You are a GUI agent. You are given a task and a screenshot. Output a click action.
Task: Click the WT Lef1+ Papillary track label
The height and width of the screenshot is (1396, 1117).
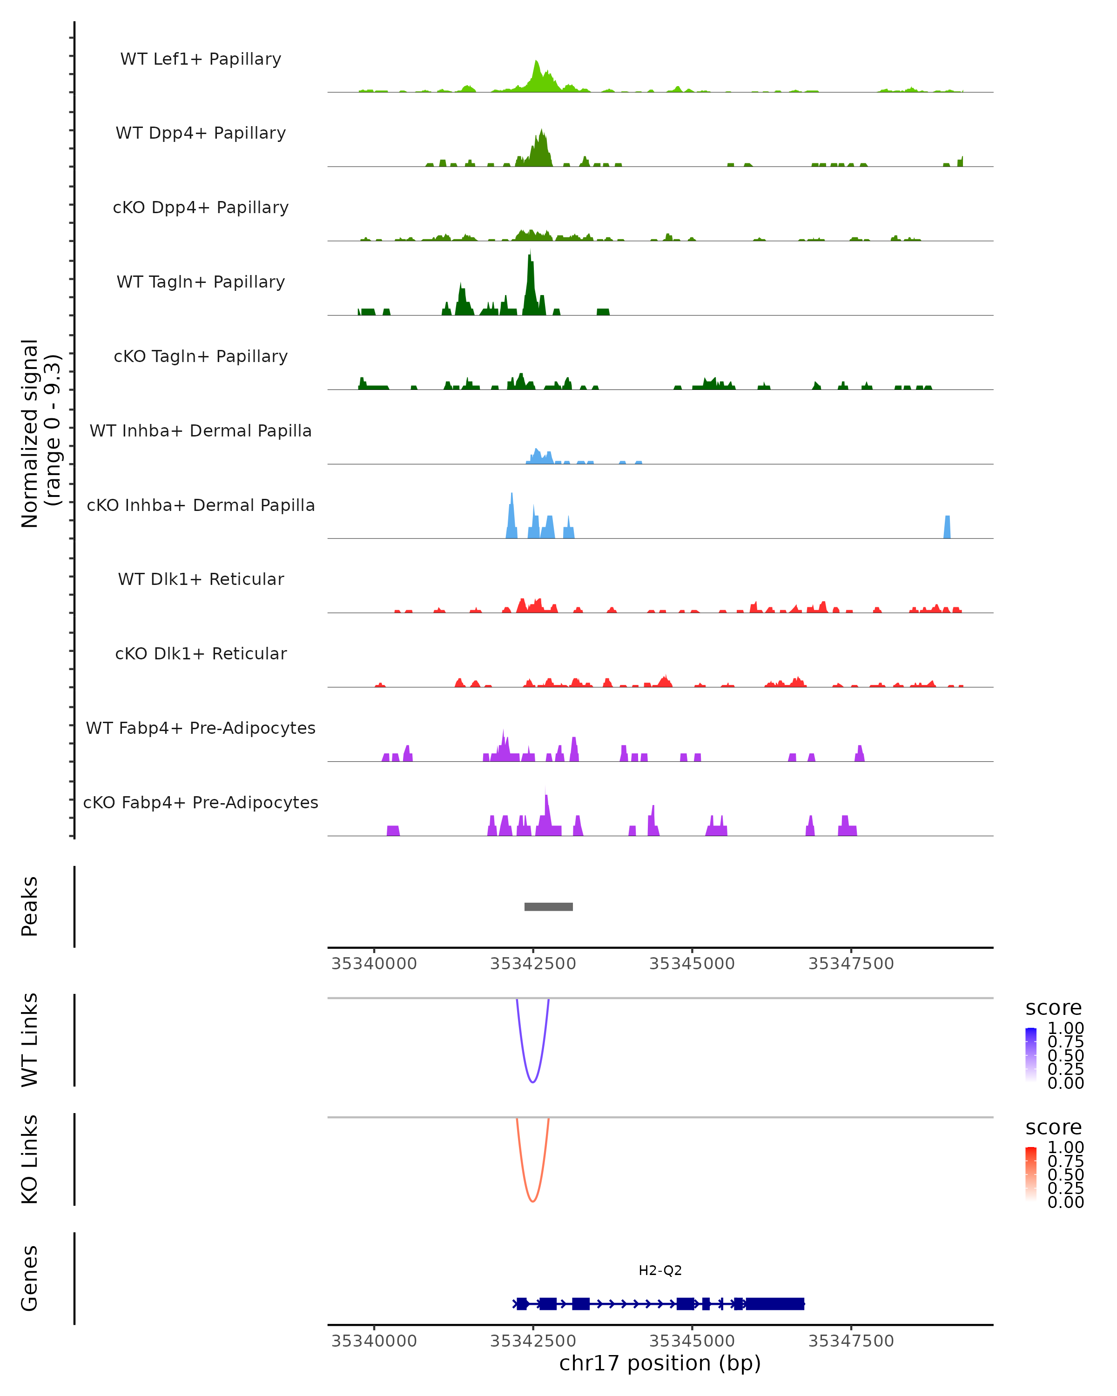[201, 59]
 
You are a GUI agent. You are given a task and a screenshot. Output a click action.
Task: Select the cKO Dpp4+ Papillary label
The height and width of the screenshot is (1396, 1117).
[201, 207]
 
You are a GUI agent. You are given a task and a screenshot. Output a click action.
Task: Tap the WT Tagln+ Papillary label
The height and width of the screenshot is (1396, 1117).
[201, 282]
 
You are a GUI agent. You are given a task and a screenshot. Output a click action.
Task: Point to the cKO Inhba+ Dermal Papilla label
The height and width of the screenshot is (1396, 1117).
[201, 505]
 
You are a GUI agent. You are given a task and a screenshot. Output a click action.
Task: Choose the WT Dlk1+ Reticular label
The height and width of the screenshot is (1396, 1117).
[201, 579]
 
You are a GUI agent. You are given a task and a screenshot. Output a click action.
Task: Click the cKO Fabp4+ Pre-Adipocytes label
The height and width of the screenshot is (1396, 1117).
[201, 802]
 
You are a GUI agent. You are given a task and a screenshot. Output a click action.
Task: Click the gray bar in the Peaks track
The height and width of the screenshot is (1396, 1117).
[548, 906]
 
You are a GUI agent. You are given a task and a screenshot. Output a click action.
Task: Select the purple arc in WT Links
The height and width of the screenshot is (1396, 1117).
[532, 1081]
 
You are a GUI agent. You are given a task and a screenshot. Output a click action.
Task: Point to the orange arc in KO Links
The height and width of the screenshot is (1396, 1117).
[532, 1201]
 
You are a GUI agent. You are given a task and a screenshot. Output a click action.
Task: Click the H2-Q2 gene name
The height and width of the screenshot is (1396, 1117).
[660, 1270]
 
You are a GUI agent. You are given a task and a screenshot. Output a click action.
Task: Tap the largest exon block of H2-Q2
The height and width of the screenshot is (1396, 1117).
[775, 1303]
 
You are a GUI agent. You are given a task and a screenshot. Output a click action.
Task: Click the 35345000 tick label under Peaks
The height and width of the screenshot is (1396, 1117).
[692, 964]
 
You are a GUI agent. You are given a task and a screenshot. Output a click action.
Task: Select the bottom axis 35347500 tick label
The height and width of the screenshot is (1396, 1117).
[851, 1341]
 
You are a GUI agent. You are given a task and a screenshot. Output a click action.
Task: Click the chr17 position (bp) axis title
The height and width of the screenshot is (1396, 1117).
[660, 1363]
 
